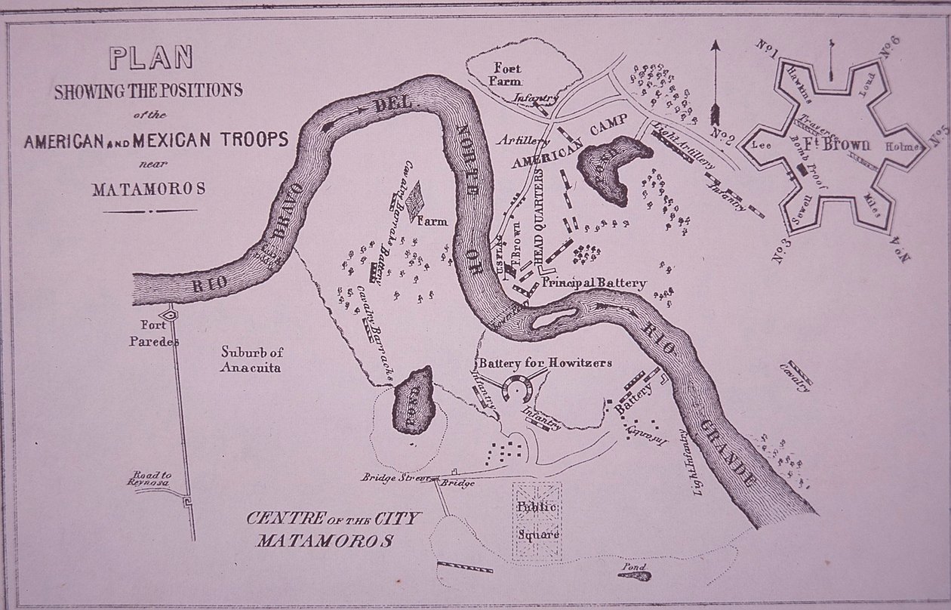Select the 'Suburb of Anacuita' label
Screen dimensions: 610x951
(x=251, y=359)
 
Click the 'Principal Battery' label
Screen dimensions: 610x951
(x=595, y=283)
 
